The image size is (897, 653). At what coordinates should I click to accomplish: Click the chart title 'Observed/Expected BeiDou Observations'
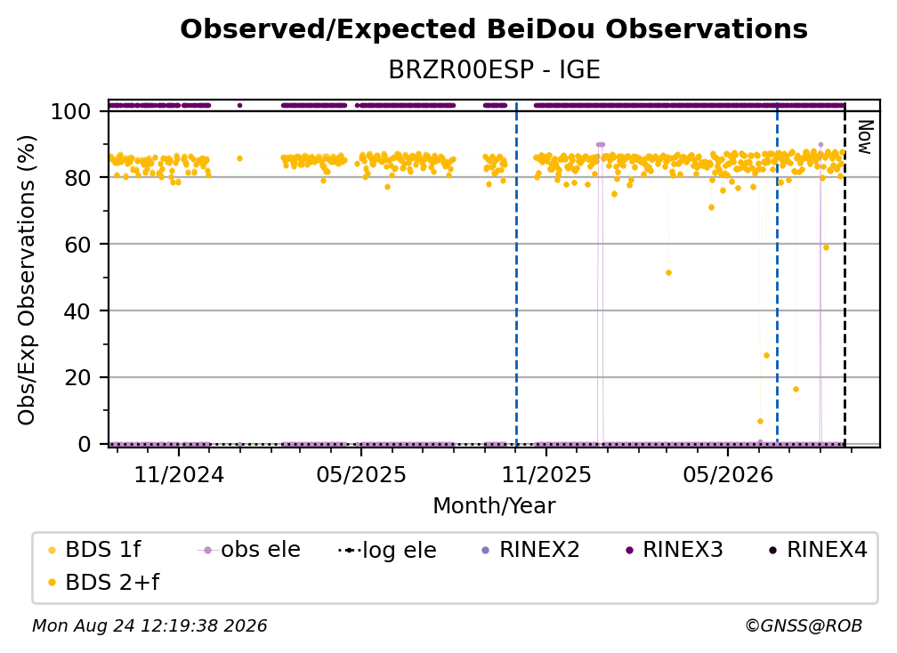494,29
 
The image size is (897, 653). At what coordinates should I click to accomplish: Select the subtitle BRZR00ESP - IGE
494,69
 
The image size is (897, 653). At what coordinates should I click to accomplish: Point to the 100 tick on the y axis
71,111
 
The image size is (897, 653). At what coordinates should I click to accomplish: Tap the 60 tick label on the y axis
77,245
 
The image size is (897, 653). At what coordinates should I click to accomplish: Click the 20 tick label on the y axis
77,378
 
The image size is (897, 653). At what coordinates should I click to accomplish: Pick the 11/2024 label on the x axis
179,474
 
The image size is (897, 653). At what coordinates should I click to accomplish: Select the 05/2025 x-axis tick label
361,474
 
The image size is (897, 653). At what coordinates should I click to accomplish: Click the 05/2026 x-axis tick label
728,474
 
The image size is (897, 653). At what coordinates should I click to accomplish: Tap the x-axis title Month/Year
494,506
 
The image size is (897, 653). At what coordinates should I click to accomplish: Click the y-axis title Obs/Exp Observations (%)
27,280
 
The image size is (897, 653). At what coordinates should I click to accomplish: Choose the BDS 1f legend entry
95,550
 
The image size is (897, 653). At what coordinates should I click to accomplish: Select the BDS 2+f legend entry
104,583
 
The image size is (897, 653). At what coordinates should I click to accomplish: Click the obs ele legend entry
249,550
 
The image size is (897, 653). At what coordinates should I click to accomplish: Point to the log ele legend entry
387,551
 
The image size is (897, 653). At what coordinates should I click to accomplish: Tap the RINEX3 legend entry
675,550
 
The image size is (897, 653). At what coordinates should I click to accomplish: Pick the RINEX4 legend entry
818,550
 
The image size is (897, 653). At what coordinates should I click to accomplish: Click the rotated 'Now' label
865,137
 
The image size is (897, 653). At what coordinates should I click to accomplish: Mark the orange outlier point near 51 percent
669,273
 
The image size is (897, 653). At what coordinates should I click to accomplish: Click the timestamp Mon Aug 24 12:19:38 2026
149,626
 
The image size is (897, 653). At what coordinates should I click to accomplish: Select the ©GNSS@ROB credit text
804,626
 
